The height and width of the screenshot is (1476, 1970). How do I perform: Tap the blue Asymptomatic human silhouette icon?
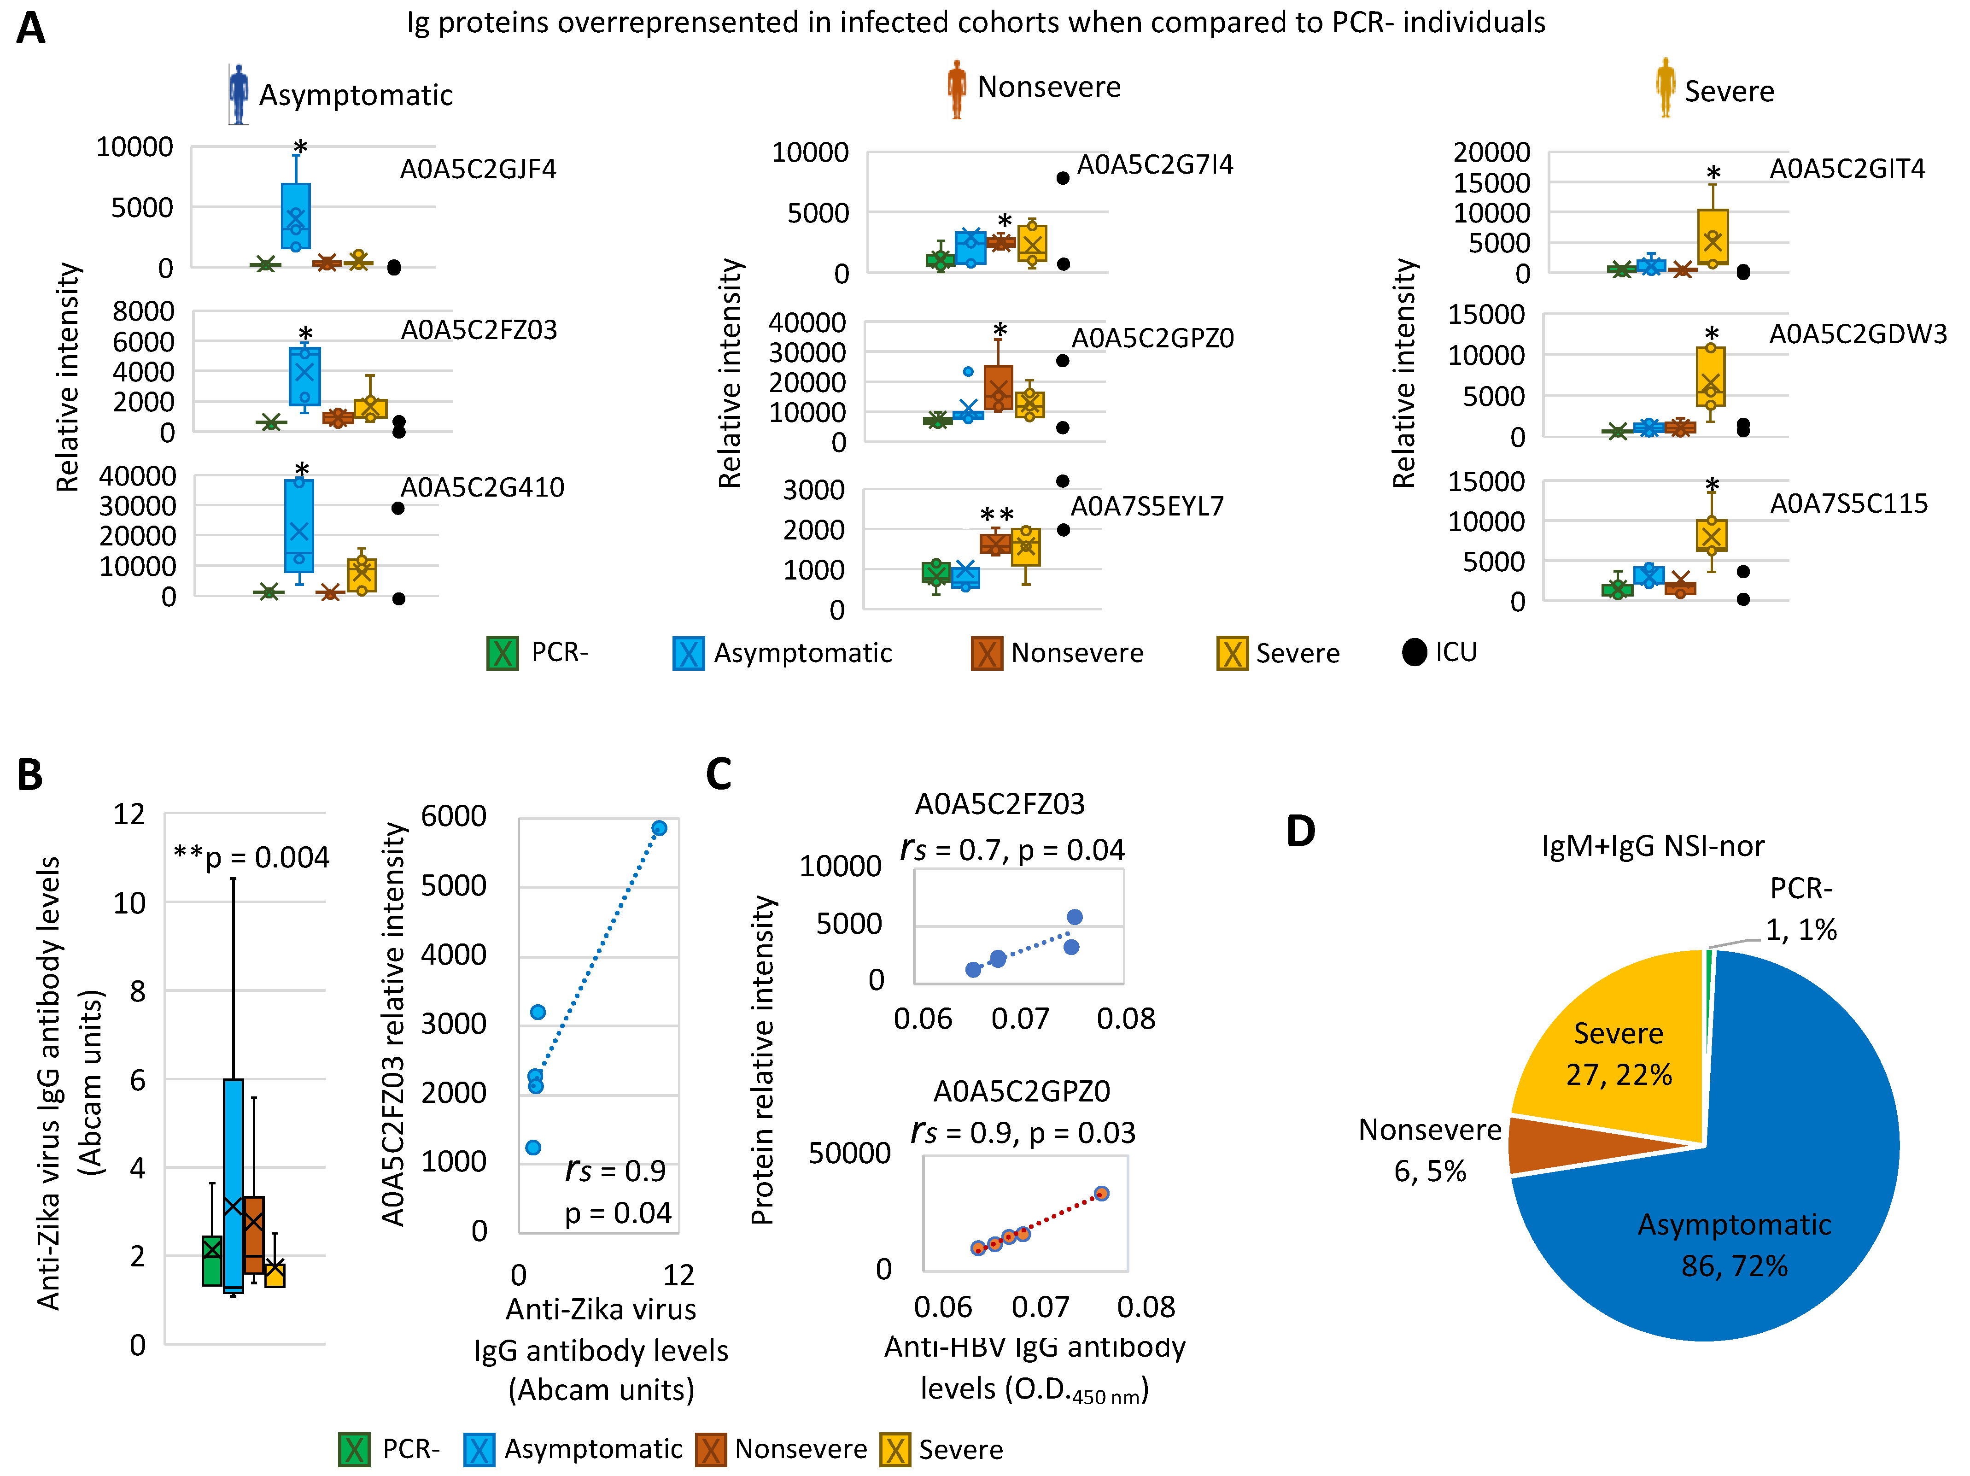tap(238, 94)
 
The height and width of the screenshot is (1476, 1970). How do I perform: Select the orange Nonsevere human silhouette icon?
tap(957, 89)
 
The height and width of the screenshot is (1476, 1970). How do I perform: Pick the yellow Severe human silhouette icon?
tap(1665, 87)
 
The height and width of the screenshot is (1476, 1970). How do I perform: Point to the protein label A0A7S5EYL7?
tap(1147, 506)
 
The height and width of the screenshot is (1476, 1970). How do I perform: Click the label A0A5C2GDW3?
tap(1857, 334)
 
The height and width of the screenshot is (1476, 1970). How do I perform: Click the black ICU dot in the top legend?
tap(1414, 652)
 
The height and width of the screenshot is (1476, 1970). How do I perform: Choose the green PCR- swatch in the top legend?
tap(503, 653)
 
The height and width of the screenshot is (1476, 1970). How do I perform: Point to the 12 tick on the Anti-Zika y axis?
tap(129, 814)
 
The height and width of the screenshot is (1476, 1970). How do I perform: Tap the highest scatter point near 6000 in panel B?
tap(659, 828)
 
